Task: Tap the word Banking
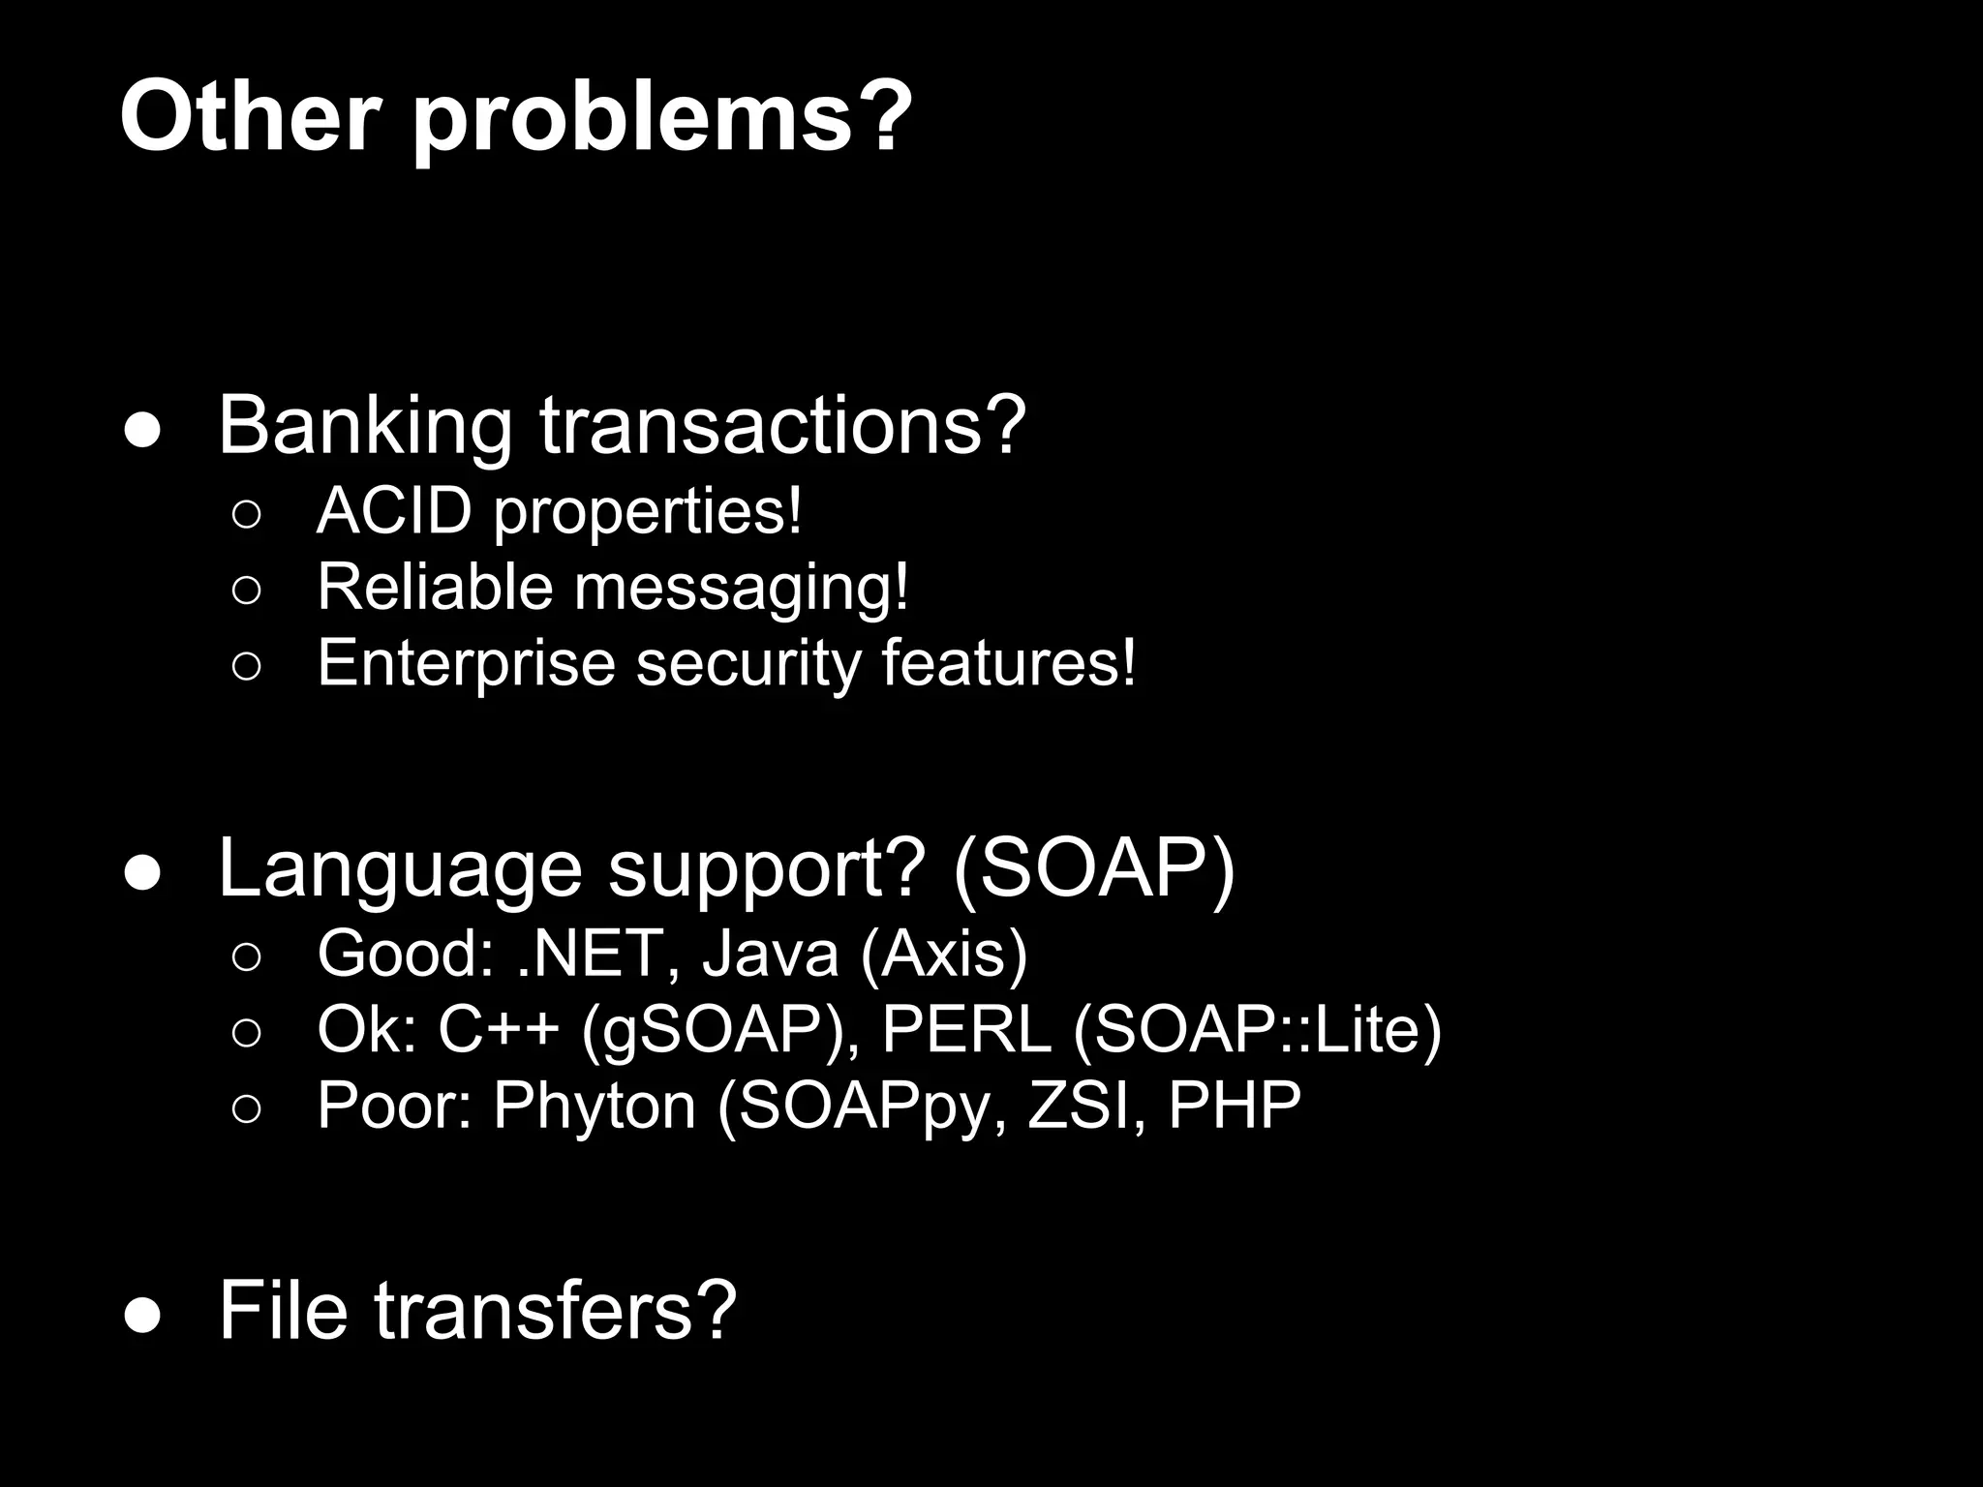pos(365,426)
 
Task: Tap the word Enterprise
pos(466,664)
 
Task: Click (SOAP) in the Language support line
pos(1094,867)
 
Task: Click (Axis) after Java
pos(944,955)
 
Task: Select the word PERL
pos(966,1029)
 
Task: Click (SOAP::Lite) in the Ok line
pos(1258,1030)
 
